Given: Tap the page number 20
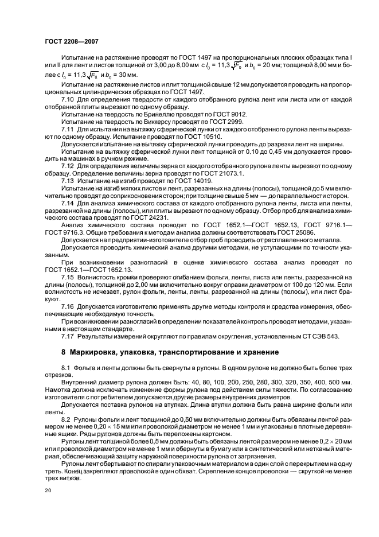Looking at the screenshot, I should pyautogui.click(x=48, y=491).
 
